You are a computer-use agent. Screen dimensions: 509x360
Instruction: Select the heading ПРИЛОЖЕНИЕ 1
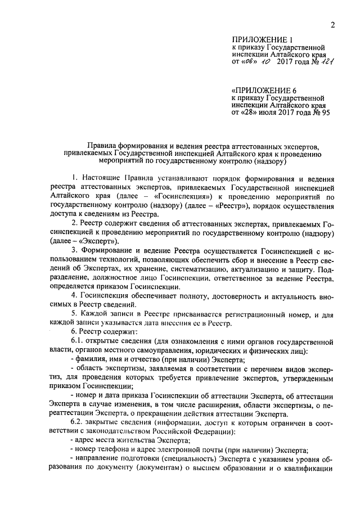(263, 39)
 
